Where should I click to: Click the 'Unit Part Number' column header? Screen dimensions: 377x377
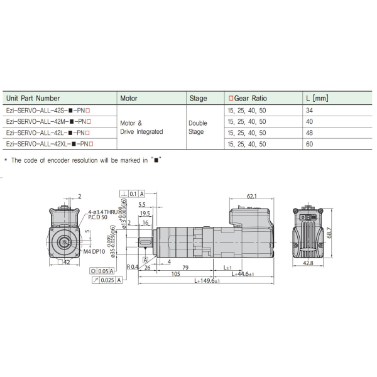(32, 98)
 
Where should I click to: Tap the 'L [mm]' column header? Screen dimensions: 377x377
(317, 98)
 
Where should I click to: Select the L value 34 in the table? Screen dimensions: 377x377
(309, 110)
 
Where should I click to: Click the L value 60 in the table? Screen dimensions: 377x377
(309, 144)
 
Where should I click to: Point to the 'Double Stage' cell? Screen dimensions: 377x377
(197, 128)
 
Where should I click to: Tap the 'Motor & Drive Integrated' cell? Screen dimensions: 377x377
(141, 128)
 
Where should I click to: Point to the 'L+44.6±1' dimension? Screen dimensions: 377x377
(243, 274)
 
